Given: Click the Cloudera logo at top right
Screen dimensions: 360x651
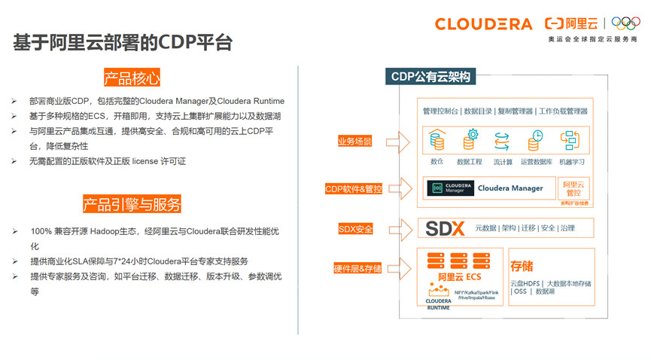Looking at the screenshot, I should (x=483, y=24).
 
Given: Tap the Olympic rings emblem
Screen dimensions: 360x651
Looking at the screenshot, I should (x=625, y=23).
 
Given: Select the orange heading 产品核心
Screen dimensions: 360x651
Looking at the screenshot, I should (x=132, y=78).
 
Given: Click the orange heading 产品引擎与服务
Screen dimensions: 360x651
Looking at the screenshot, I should (x=132, y=204).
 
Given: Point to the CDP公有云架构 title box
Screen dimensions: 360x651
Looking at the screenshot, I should (x=430, y=77).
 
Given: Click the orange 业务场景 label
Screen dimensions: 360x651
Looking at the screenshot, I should (x=354, y=141).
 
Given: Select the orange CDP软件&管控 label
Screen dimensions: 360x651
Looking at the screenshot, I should (x=353, y=189).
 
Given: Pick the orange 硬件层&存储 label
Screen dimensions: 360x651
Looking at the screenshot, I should (x=357, y=268).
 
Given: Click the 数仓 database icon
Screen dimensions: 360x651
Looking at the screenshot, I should (x=437, y=141).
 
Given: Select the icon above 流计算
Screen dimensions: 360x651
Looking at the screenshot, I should (x=502, y=141).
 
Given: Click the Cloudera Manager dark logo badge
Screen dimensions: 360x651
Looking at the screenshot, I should (x=450, y=188).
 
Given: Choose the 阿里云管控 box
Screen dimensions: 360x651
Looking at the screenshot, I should (x=573, y=188).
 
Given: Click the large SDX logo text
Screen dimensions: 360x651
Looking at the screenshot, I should (x=445, y=228).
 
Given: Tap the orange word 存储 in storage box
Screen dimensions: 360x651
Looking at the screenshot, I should (x=522, y=266).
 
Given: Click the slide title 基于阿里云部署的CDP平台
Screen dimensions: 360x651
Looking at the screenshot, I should (x=122, y=43).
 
